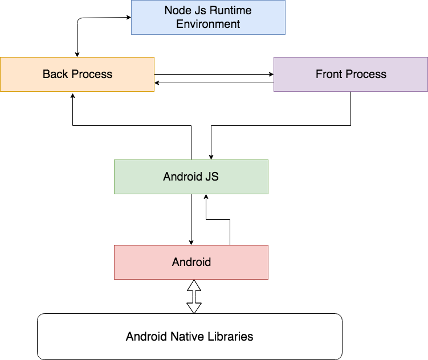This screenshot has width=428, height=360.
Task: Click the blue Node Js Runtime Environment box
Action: pyautogui.click(x=208, y=17)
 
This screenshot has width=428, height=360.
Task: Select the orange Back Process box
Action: pyautogui.click(x=77, y=74)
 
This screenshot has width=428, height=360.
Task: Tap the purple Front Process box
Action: pyautogui.click(x=350, y=74)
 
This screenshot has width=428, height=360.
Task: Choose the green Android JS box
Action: pyautogui.click(x=191, y=177)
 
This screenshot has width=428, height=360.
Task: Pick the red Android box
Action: pyautogui.click(x=191, y=262)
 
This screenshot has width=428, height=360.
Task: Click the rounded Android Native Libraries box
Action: pyautogui.click(x=189, y=336)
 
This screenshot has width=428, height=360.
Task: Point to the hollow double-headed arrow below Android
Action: pyautogui.click(x=194, y=296)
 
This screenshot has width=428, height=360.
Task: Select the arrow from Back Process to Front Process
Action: pyautogui.click(x=214, y=74)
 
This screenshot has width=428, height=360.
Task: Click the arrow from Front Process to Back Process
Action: pyautogui.click(x=214, y=84)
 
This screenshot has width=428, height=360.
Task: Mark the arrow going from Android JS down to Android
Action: pyautogui.click(x=191, y=219)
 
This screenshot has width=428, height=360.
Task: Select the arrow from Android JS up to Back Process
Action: pyautogui.click(x=131, y=125)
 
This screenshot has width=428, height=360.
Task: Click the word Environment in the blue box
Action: pyautogui.click(x=208, y=24)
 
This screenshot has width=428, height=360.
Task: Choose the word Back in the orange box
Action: pyautogui.click(x=55, y=74)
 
